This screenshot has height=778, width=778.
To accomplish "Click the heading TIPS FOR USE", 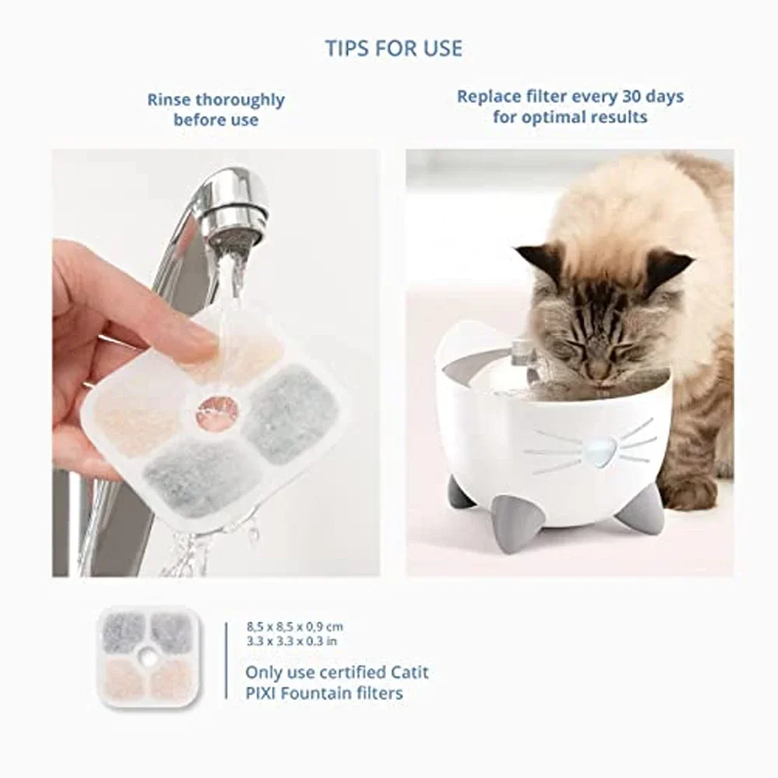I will [394, 48].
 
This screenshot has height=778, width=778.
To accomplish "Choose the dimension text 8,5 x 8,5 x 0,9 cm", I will [294, 626].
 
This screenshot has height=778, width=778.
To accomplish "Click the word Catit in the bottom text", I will [405, 671].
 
